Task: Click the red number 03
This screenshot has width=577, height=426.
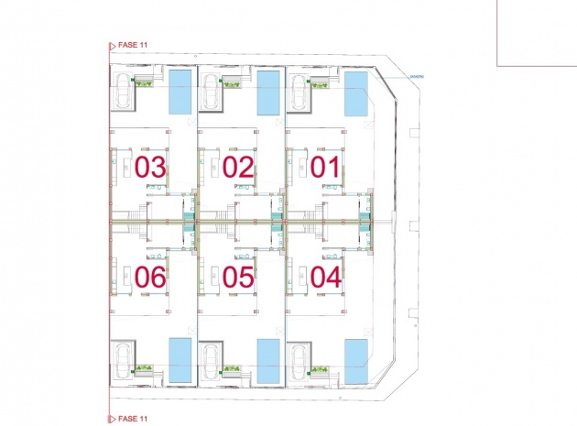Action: [150, 168]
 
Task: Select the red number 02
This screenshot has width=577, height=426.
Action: [237, 168]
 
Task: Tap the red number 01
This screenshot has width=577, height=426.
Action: [324, 168]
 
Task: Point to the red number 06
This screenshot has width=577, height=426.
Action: [150, 278]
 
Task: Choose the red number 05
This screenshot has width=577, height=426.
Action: [237, 278]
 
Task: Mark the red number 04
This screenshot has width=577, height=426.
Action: [324, 278]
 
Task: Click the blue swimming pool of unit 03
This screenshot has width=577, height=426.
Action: [181, 92]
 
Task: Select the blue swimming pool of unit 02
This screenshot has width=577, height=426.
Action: [268, 92]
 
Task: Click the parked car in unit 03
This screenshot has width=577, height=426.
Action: [122, 92]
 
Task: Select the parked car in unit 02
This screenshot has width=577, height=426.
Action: [210, 92]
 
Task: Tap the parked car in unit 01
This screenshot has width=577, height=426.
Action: [298, 92]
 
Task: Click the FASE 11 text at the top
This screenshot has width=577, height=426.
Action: [134, 43]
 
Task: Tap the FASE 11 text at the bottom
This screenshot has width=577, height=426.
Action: [134, 418]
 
